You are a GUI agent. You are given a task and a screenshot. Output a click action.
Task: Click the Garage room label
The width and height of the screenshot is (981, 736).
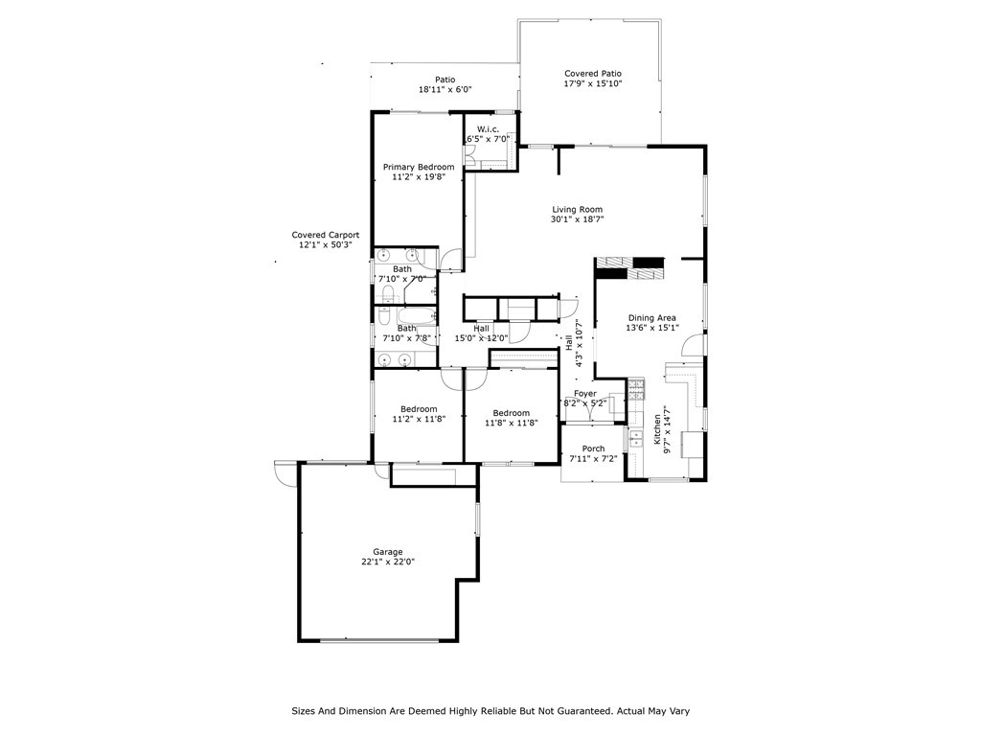(x=388, y=552)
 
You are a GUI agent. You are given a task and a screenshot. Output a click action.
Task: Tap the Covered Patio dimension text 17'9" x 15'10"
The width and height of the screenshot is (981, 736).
(x=593, y=84)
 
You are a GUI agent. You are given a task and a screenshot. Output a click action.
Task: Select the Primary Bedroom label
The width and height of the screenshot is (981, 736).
(x=419, y=168)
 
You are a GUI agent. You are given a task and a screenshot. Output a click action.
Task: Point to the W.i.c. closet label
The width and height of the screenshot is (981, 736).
(x=488, y=129)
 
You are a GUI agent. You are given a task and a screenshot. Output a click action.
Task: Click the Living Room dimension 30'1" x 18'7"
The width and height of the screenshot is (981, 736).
(x=577, y=219)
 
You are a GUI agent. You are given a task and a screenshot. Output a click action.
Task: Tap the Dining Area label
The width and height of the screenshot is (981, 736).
(x=652, y=318)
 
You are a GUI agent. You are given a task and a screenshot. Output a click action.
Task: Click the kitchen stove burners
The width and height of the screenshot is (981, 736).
(x=637, y=388)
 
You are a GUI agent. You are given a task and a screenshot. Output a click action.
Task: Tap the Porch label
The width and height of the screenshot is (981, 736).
(x=593, y=448)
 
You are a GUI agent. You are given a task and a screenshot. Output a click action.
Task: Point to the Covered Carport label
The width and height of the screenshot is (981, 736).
(x=326, y=235)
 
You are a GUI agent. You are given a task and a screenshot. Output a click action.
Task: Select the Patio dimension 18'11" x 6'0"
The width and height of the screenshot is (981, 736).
(x=445, y=89)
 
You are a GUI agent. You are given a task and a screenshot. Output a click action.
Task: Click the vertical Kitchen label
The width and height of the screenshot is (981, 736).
(x=657, y=426)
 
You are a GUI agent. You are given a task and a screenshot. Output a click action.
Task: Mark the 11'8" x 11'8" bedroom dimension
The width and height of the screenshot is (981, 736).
(x=512, y=423)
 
